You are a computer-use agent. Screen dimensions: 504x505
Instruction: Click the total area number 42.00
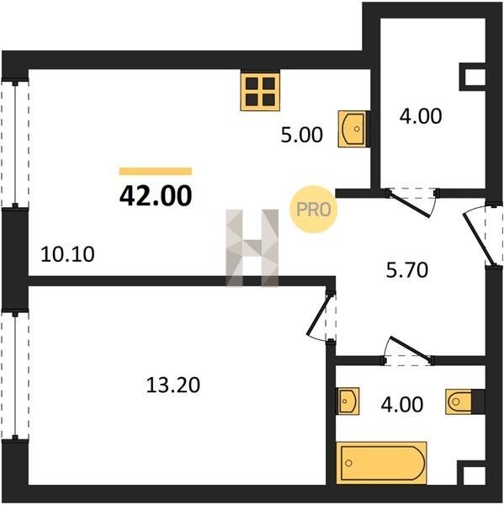pyautogui.click(x=156, y=195)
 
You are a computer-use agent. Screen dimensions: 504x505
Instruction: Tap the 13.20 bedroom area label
pyautogui.click(x=173, y=385)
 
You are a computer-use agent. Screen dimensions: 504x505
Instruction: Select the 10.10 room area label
pyautogui.click(x=67, y=254)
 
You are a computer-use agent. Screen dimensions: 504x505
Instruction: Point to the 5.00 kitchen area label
pyautogui.click(x=301, y=135)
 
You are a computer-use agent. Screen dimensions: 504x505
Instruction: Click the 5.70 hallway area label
pyautogui.click(x=407, y=270)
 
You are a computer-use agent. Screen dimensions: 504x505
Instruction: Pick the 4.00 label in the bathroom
pyautogui.click(x=402, y=405)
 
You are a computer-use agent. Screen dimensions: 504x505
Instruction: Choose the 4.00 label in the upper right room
pyautogui.click(x=421, y=116)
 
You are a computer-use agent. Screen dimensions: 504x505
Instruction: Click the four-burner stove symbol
pyautogui.click(x=260, y=91)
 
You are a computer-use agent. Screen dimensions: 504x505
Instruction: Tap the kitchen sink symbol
pyautogui.click(x=353, y=129)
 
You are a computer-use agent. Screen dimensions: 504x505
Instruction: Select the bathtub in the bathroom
pyautogui.click(x=381, y=463)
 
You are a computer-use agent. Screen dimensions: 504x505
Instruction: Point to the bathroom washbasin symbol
pyautogui.click(x=347, y=401)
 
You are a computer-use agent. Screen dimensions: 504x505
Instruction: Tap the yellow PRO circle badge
pyautogui.click(x=313, y=210)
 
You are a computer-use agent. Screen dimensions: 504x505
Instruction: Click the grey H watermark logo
pyautogui.click(x=252, y=247)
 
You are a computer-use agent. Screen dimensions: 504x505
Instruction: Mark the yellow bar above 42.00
pyautogui.click(x=156, y=172)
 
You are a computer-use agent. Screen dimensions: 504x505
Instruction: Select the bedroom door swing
pyautogui.click(x=319, y=317)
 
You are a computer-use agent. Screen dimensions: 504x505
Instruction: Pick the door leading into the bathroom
pyautogui.click(x=409, y=350)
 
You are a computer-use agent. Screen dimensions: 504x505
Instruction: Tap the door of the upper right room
pyautogui.click(x=411, y=203)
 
